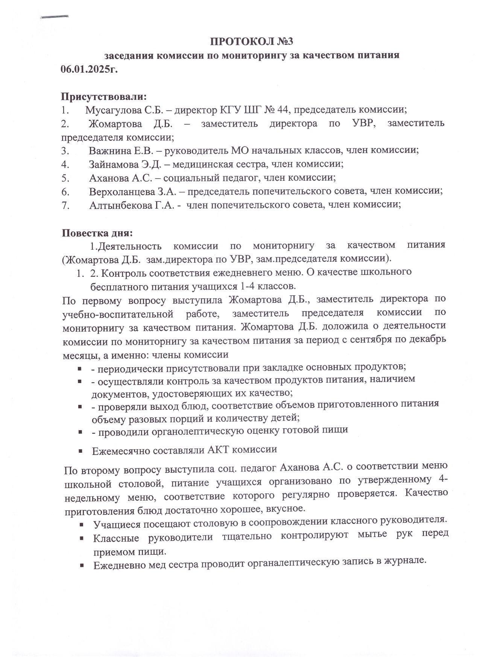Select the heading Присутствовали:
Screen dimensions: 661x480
(x=104, y=96)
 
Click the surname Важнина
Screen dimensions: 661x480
(x=110, y=150)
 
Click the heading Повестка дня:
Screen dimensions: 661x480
(x=97, y=233)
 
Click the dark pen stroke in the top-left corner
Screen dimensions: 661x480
(x=55, y=17)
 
